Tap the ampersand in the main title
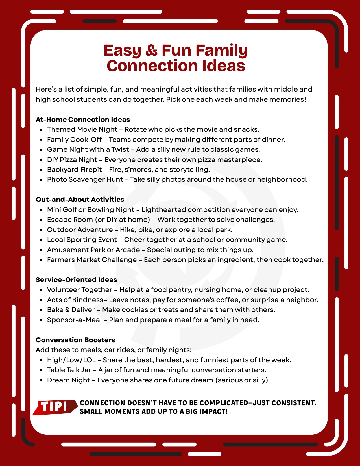[x=152, y=51]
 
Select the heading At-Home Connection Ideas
[x=83, y=120]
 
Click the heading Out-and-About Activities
[x=80, y=200]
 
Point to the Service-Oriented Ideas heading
[x=76, y=280]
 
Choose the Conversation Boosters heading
[x=75, y=340]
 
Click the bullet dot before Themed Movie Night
[x=41, y=130]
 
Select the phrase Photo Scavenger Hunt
[x=85, y=180]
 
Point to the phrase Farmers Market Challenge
[x=92, y=260]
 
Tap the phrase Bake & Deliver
[x=71, y=310]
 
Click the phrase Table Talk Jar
[x=69, y=370]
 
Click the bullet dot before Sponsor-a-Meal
[x=41, y=320]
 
